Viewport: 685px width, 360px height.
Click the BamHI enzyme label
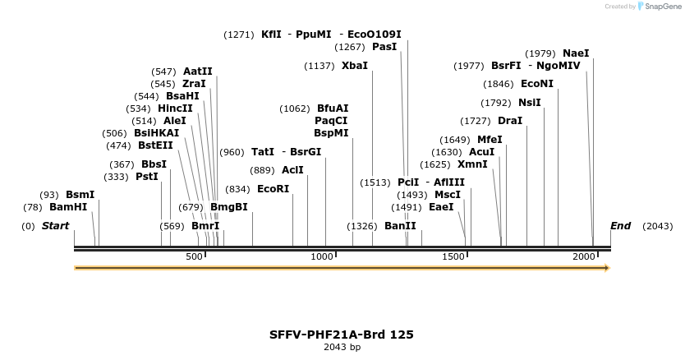67,207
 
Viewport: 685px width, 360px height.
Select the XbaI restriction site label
355,66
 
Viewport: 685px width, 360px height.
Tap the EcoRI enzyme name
273,189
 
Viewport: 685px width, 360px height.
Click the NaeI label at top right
576,53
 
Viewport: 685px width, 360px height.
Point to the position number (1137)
320,66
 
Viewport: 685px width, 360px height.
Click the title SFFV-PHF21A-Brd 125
342,335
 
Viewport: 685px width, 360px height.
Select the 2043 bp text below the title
342,348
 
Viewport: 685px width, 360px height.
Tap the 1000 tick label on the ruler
323,257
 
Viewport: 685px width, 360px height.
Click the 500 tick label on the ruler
194,257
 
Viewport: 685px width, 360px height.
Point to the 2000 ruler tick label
584,257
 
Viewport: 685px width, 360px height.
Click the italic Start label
55,226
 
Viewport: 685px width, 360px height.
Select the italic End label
620,226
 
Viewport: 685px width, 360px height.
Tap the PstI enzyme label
146,177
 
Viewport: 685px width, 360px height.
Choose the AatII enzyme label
197,72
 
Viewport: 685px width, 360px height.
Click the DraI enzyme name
510,121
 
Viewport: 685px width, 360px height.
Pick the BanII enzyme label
400,226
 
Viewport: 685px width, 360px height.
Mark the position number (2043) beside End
657,226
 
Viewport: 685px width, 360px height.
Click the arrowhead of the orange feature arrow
607,268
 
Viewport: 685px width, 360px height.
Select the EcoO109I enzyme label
375,35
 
